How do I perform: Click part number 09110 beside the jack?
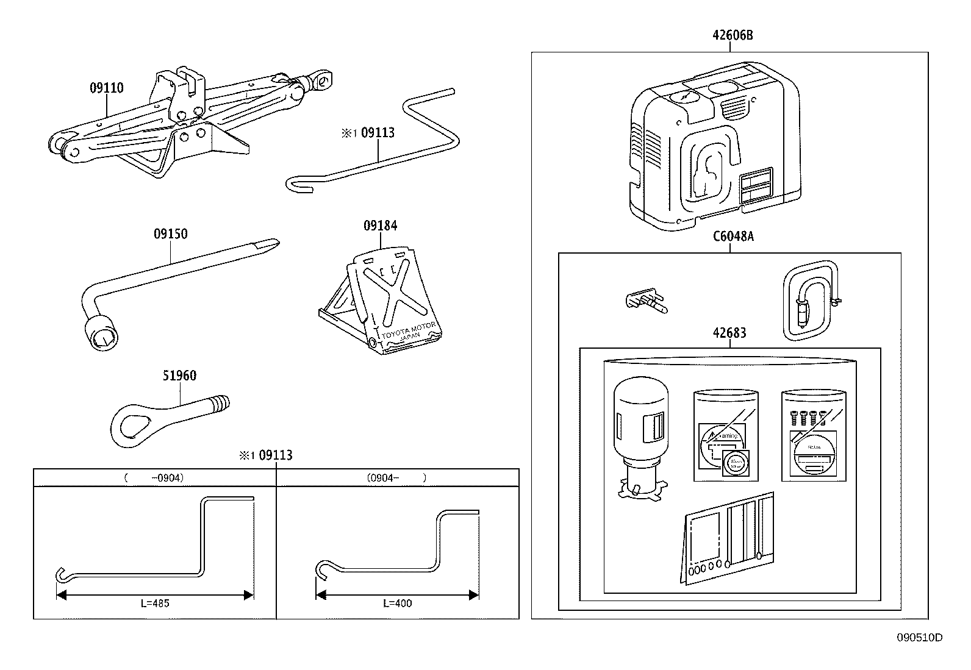pos(106,88)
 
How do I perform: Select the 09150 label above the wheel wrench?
pos(170,234)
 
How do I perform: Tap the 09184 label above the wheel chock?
pos(380,226)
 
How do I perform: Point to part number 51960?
pos(179,376)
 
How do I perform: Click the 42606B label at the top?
pos(733,35)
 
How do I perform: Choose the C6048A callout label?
pos(733,237)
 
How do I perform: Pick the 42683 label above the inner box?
pos(729,333)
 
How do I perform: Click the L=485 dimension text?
pos(154,604)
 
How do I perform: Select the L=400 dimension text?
pos(397,604)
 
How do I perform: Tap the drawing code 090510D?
pos(919,638)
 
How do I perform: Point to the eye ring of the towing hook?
pos(131,424)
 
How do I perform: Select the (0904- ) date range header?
pos(396,478)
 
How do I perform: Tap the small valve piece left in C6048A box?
pos(646,301)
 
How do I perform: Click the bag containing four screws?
pos(814,436)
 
